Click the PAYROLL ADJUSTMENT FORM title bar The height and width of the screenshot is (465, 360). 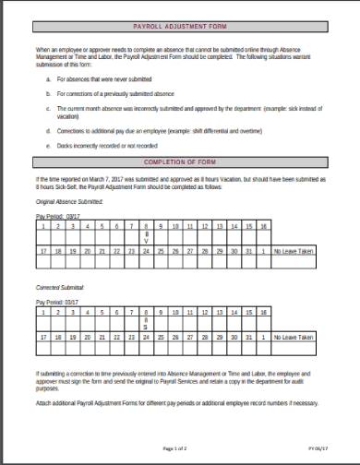coord(179,30)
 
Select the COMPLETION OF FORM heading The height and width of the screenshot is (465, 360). coord(179,161)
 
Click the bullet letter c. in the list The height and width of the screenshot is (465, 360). coord(48,108)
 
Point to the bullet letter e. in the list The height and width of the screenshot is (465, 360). coord(48,145)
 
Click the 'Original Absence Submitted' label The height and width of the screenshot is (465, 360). coord(69,200)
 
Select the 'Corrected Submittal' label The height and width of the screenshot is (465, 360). coord(59,288)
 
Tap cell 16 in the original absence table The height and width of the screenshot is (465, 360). coord(264,226)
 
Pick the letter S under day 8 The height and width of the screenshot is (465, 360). coord(145,328)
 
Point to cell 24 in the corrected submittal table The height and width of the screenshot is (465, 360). coord(145,338)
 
